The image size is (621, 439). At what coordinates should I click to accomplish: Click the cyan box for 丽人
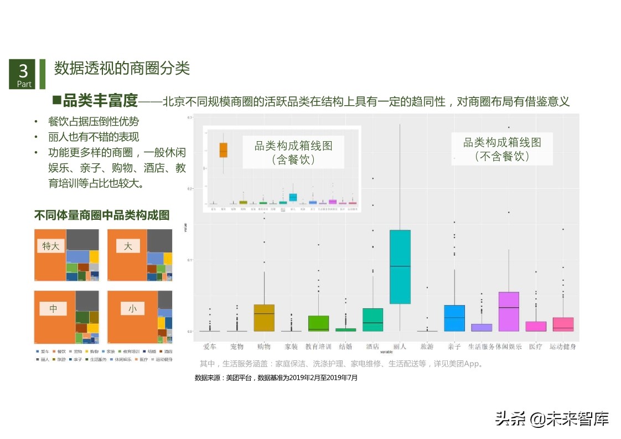click(400, 267)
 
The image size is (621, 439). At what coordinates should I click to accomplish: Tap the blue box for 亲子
click(454, 318)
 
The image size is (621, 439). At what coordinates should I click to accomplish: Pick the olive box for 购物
click(264, 318)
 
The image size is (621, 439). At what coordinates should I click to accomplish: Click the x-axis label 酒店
click(372, 347)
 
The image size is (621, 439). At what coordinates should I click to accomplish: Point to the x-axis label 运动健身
click(563, 347)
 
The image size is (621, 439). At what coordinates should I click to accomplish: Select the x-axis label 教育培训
click(318, 347)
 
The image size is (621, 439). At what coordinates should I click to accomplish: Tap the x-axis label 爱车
click(210, 347)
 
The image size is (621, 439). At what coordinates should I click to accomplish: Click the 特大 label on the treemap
click(51, 246)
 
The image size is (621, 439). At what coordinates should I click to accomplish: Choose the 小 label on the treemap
click(132, 308)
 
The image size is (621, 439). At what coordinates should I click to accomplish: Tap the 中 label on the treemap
click(54, 308)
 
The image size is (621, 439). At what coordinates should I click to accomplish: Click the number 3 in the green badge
click(23, 71)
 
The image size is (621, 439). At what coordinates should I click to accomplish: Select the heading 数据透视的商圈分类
click(122, 68)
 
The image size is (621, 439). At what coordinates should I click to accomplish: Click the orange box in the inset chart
click(223, 150)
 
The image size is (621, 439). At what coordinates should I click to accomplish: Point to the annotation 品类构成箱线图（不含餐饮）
click(501, 149)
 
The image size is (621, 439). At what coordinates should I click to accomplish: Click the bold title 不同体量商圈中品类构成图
click(102, 215)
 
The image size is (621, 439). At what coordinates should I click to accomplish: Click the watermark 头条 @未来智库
click(552, 419)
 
